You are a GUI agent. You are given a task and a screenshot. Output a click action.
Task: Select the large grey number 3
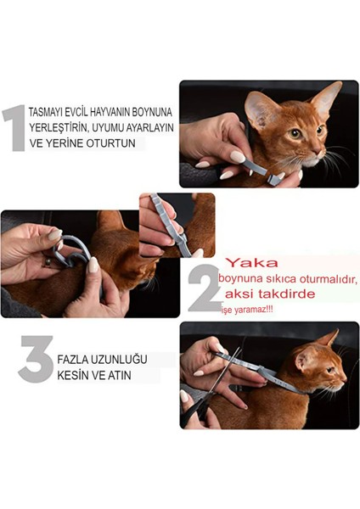point(35,358)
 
